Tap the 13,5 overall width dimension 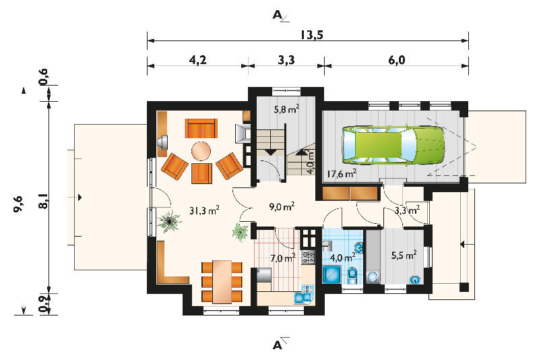pyautogui.click(x=312, y=35)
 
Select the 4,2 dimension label pyautogui.click(x=197, y=60)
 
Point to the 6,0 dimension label pyautogui.click(x=397, y=60)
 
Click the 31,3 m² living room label pyautogui.click(x=205, y=210)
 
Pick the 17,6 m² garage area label pyautogui.click(x=342, y=174)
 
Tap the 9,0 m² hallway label pyautogui.click(x=282, y=206)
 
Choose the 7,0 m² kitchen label pyautogui.click(x=283, y=258)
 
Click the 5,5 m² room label pyautogui.click(x=404, y=255)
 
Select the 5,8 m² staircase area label pyautogui.click(x=286, y=109)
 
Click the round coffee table pyautogui.click(x=201, y=151)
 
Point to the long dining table pyautogui.click(x=222, y=282)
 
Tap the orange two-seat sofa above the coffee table pyautogui.click(x=201, y=128)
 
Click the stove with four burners pyautogui.click(x=308, y=258)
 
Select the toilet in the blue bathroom pyautogui.click(x=352, y=275)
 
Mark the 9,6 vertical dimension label pyautogui.click(x=19, y=204)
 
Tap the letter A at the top pyautogui.click(x=277, y=15)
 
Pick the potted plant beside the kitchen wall pyautogui.click(x=241, y=232)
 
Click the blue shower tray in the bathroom pyautogui.click(x=331, y=274)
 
